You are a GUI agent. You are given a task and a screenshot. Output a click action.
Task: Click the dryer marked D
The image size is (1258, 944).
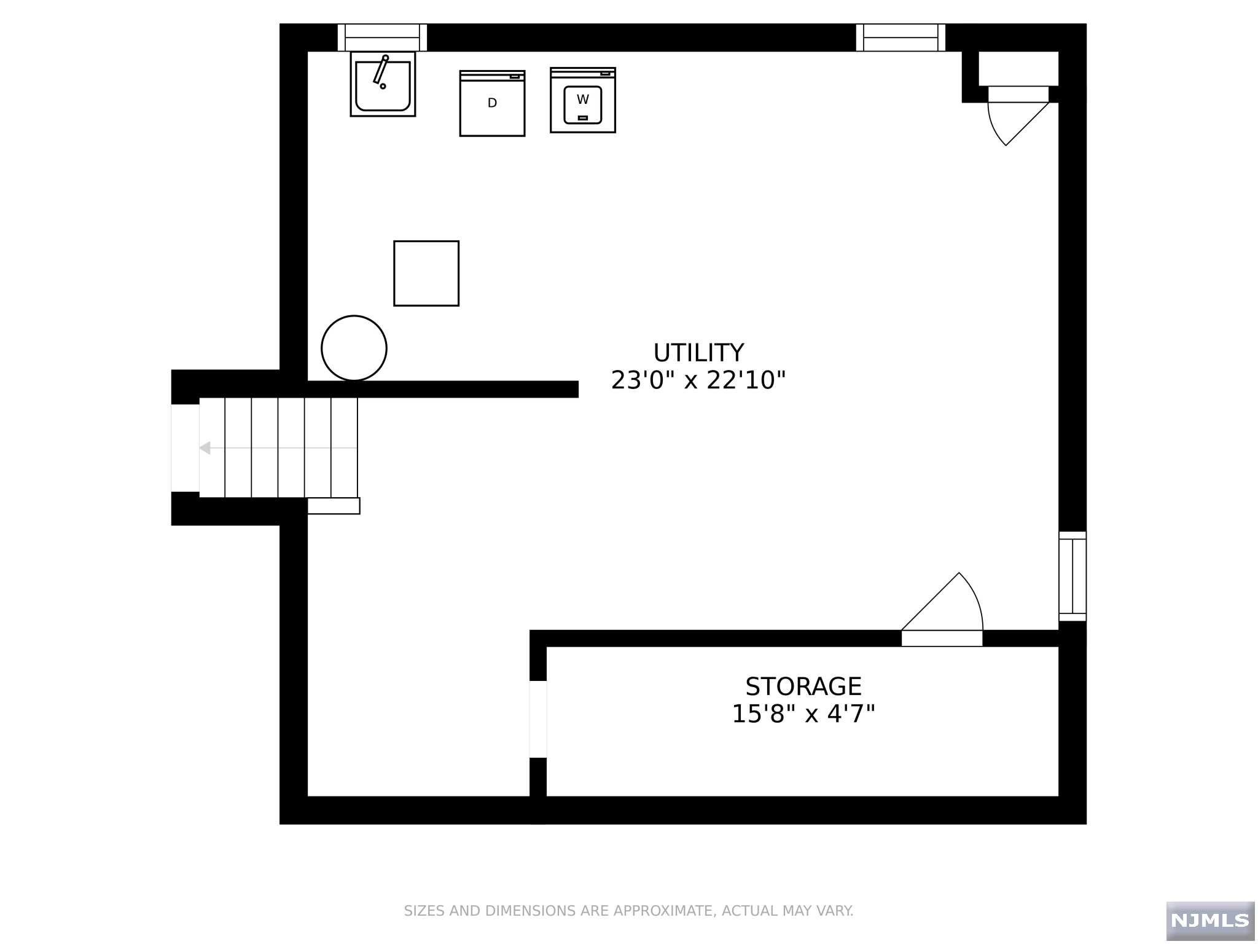click(x=492, y=103)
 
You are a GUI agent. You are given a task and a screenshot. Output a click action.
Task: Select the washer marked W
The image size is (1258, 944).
click(x=582, y=100)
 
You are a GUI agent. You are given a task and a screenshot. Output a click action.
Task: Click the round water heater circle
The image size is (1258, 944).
click(x=354, y=348)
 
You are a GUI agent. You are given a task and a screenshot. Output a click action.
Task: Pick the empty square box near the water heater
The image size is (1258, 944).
click(x=426, y=273)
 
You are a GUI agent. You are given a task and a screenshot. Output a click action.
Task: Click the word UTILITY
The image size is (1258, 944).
click(x=698, y=353)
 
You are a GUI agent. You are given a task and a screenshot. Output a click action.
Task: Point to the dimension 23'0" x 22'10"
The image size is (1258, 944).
click(x=698, y=381)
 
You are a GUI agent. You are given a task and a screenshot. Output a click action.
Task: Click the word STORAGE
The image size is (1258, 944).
click(x=803, y=686)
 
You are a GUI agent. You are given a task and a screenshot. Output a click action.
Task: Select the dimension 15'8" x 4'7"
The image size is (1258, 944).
click(x=803, y=714)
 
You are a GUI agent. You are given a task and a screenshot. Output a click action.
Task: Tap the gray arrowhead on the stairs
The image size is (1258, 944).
click(x=205, y=448)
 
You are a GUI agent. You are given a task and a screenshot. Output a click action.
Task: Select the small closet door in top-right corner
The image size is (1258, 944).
click(x=1014, y=120)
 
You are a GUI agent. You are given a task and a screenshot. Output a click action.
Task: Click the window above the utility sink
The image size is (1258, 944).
click(x=382, y=37)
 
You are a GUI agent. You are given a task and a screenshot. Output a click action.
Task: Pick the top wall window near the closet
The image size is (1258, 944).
click(x=901, y=37)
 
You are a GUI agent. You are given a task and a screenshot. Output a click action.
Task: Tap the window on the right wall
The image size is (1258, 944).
click(x=1072, y=576)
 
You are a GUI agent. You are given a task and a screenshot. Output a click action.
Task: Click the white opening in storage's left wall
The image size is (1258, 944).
click(x=538, y=719)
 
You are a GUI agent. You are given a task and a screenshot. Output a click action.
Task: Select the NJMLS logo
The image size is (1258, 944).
click(x=1210, y=920)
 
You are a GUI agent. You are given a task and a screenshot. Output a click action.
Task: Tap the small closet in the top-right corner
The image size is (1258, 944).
click(x=1018, y=68)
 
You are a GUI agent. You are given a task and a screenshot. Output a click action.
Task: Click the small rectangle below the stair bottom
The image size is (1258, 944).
click(x=334, y=506)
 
